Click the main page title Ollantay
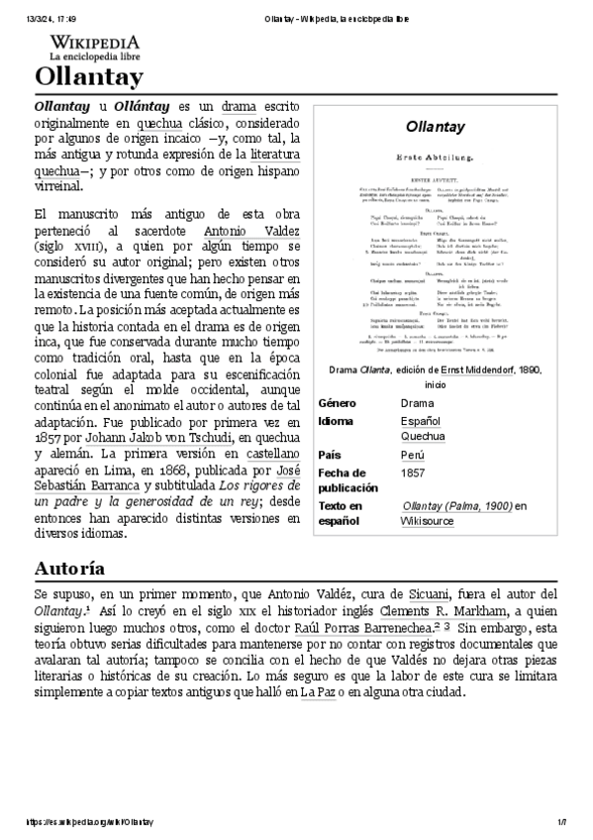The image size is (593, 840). [89, 77]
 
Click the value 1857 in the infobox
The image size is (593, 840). [413, 473]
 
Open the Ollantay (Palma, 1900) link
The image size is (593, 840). [456, 505]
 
